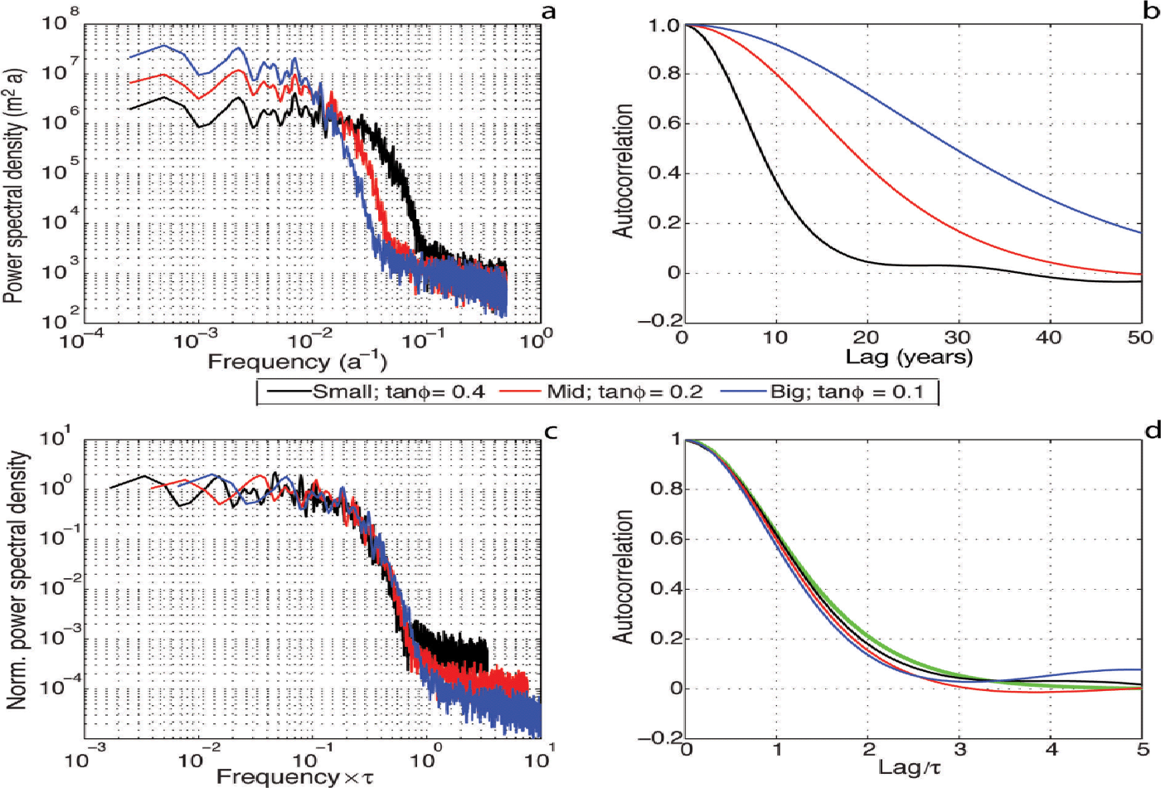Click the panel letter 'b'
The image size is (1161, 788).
pyautogui.click(x=1152, y=12)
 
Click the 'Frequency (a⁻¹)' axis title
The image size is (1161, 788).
pyautogui.click(x=297, y=362)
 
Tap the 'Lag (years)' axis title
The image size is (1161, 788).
pyautogui.click(x=909, y=358)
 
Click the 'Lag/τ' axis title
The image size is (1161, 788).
pyautogui.click(x=910, y=767)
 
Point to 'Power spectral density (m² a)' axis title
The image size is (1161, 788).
pyautogui.click(x=14, y=185)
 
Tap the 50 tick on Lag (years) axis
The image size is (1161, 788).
pyautogui.click(x=1140, y=338)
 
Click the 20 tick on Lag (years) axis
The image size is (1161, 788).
pyautogui.click(x=866, y=338)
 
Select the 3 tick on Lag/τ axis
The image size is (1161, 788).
pyautogui.click(x=959, y=751)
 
